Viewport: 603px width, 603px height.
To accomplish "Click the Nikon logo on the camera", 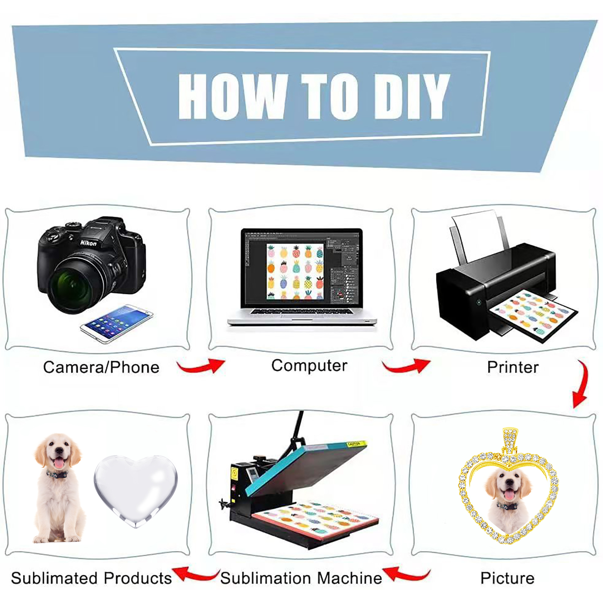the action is click(88, 242).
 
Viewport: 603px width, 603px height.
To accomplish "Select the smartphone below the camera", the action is click(116, 324).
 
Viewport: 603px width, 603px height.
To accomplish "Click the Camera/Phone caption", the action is click(101, 367).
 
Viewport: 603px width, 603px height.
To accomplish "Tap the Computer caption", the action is click(309, 366).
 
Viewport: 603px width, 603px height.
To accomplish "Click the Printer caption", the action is click(513, 367).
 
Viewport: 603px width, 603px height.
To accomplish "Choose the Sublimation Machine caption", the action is click(301, 578).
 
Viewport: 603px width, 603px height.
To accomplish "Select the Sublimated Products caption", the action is click(91, 578).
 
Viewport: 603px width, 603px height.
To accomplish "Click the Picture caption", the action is click(507, 578).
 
